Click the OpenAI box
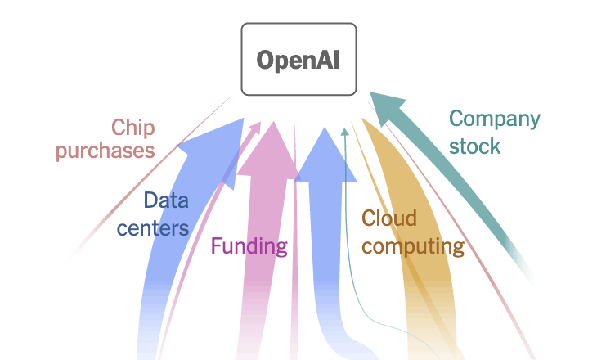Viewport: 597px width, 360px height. [x=298, y=59]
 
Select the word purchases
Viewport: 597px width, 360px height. [x=105, y=151]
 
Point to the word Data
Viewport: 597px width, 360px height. [x=166, y=200]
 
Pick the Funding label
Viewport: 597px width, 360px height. [x=249, y=245]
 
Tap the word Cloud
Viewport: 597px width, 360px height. [x=389, y=218]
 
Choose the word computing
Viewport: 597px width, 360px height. [x=413, y=245]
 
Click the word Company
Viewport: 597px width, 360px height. [x=494, y=119]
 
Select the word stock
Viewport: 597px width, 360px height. [x=474, y=146]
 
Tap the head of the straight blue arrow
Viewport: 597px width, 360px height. [x=325, y=155]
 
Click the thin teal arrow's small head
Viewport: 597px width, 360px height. [x=344, y=130]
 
